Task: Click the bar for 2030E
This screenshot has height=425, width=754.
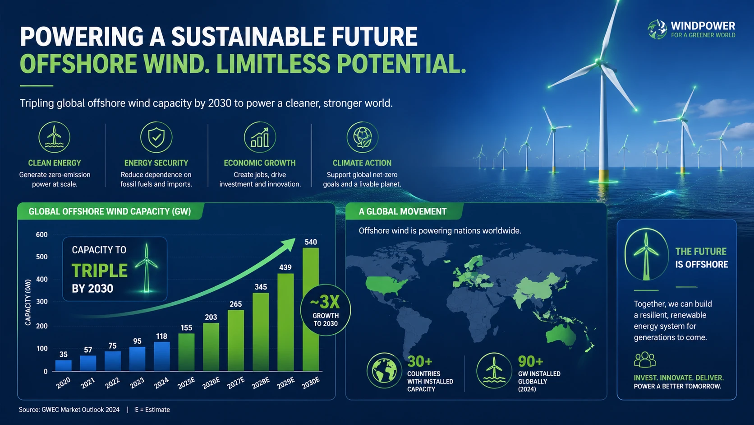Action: pos(311,309)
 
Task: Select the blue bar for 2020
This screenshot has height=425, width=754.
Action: pos(63,366)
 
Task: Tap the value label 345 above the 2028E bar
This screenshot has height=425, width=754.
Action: pos(261,287)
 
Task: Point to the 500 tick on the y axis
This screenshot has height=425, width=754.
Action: pos(42,257)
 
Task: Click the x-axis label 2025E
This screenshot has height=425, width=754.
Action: pos(186,383)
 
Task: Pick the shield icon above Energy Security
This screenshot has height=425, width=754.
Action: pos(156,137)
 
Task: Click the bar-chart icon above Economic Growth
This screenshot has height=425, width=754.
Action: pos(260,137)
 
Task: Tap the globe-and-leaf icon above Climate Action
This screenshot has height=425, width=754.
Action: pos(362,137)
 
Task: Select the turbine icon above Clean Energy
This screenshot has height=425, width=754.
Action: pos(54,137)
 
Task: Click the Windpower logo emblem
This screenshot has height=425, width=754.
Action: pos(657,30)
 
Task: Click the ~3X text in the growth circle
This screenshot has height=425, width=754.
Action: pos(325,302)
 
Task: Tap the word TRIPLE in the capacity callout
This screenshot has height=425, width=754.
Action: pos(99,271)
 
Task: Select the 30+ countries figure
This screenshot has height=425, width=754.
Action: pos(420,361)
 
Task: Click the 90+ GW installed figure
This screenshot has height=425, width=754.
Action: pos(530,361)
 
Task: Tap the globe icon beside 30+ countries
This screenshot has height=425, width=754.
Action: pos(384,370)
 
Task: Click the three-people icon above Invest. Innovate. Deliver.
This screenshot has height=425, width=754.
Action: pos(645,360)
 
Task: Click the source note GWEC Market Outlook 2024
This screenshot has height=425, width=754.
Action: pos(80,410)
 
